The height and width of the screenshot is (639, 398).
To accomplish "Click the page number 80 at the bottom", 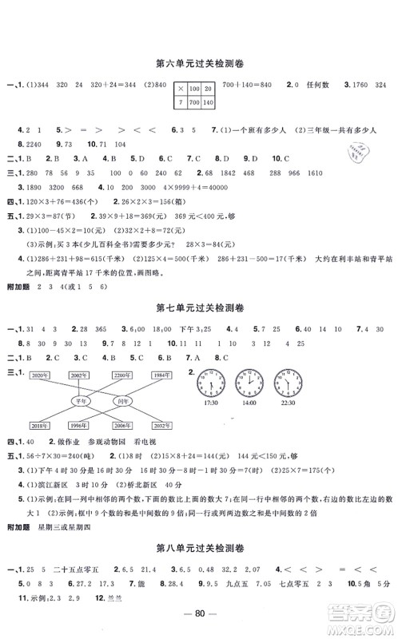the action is coord(198,621).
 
